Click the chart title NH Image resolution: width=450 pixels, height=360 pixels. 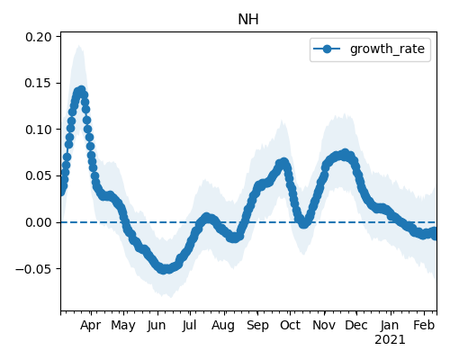248,20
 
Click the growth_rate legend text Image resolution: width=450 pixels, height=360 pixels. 387,49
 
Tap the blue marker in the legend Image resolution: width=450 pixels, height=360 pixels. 327,49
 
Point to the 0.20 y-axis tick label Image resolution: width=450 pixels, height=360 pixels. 39,37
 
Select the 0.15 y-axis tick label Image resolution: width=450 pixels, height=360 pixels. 39,83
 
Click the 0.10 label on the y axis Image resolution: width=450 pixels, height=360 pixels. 39,130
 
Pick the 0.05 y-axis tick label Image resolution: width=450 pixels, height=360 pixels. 39,175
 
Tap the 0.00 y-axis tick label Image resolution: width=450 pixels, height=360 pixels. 39,222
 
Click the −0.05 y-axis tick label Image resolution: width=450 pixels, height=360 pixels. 33,269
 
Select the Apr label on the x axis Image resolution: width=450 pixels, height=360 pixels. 90,325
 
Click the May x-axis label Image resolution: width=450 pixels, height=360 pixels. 123,325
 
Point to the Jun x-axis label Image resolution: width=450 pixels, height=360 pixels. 157,325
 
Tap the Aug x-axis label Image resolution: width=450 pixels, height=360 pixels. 223,325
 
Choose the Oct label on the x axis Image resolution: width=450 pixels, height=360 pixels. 290,325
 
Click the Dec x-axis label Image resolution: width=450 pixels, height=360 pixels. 356,325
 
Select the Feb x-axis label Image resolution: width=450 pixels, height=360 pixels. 424,325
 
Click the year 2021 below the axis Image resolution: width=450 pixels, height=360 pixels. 390,340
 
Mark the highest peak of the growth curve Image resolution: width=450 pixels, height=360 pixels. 82,90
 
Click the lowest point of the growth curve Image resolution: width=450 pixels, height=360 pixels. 164,269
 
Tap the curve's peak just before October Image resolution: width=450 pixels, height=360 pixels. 283,163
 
